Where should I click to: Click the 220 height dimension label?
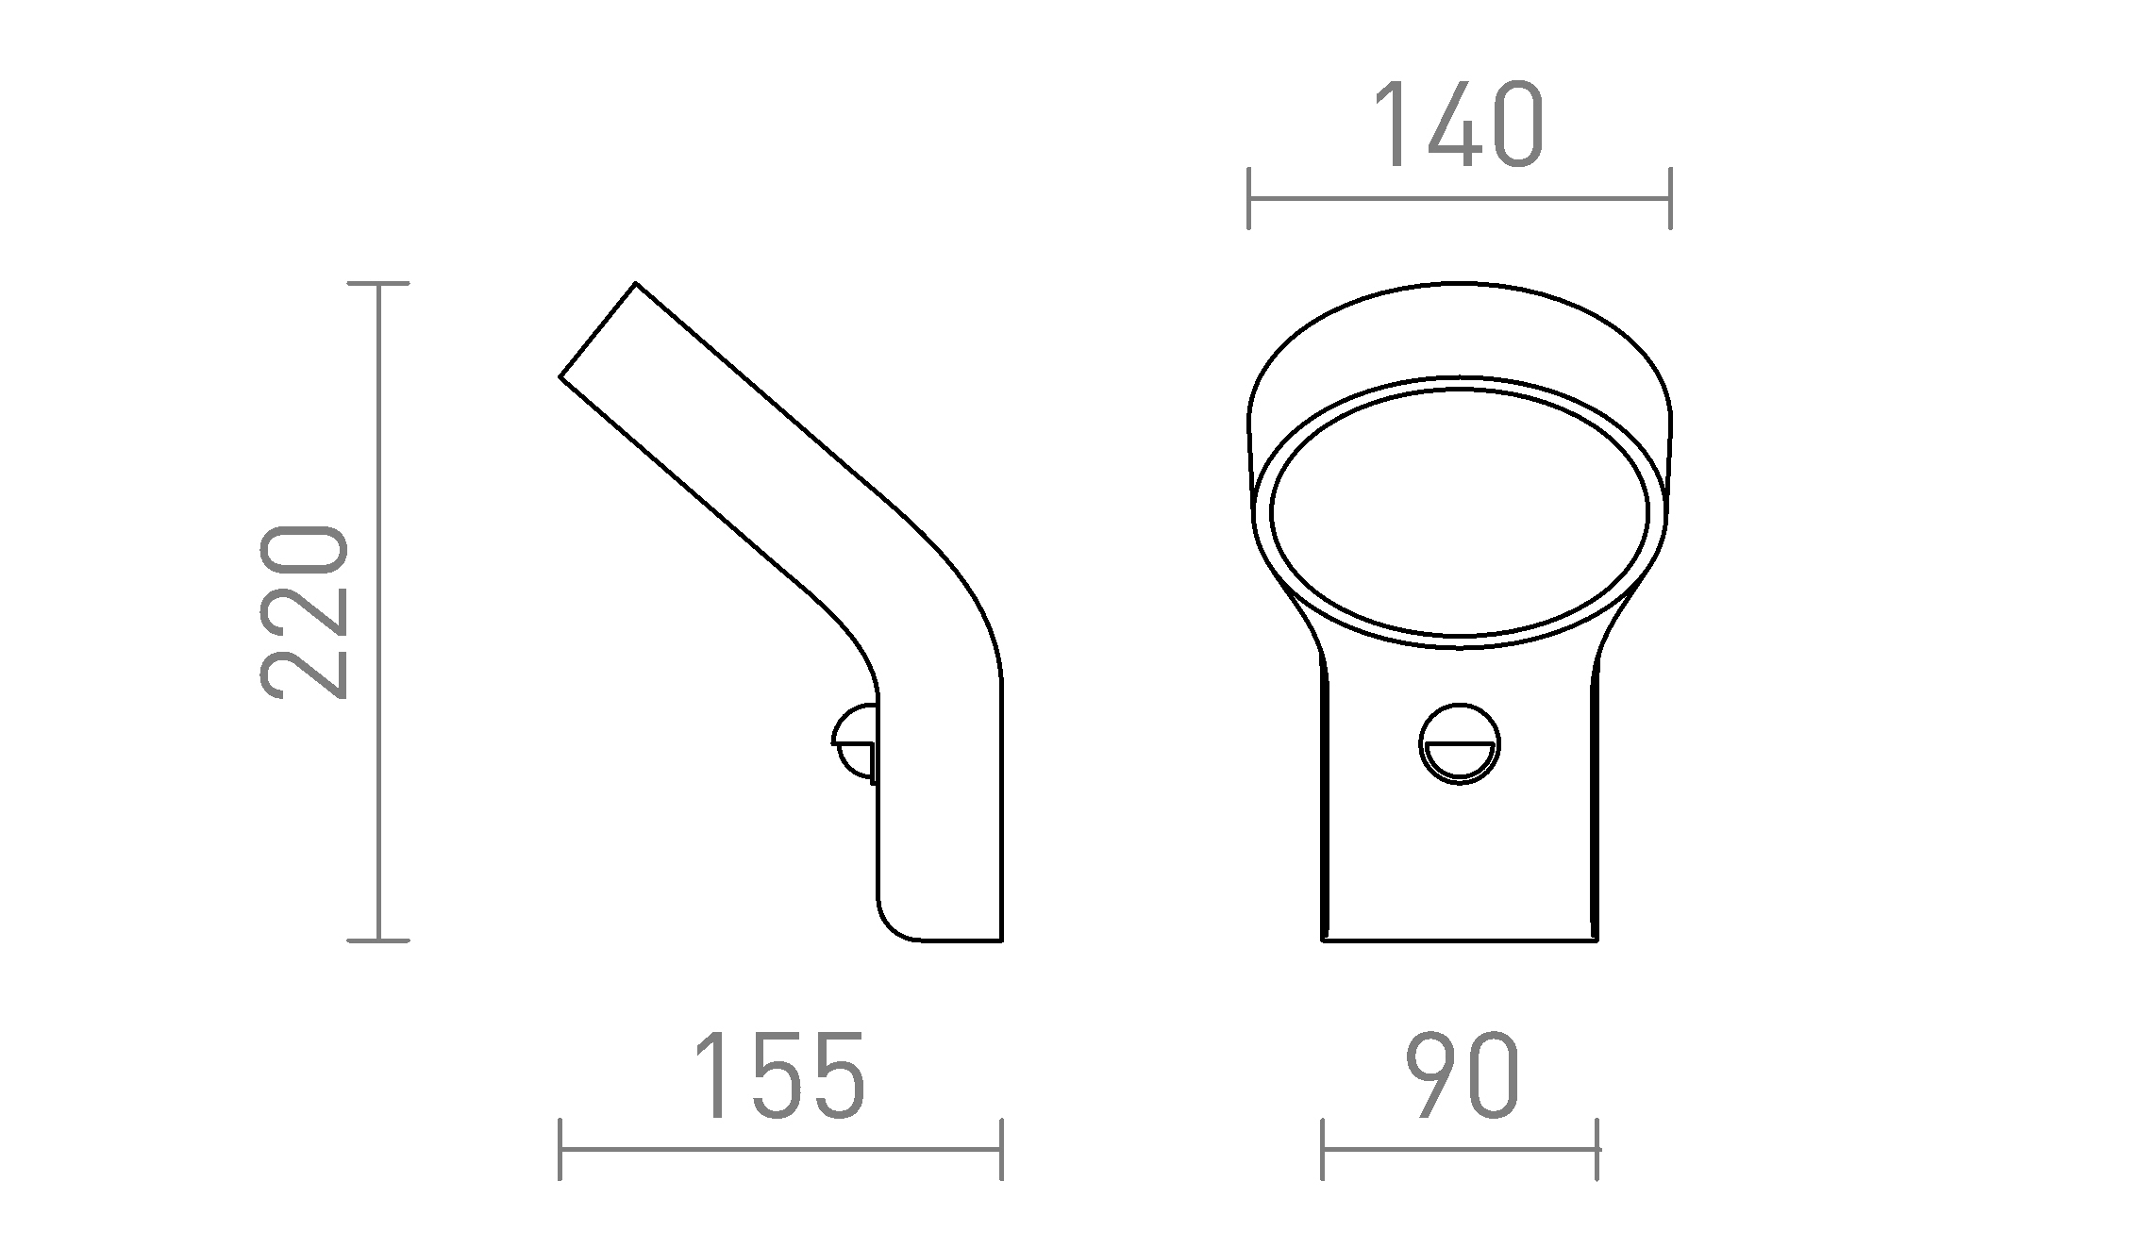click(x=303, y=612)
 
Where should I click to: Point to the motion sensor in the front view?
click(x=1460, y=743)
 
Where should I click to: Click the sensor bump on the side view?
click(x=855, y=742)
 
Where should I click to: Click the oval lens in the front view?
click(x=1460, y=511)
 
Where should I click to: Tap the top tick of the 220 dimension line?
click(x=378, y=283)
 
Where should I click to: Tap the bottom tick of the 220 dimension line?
click(x=378, y=940)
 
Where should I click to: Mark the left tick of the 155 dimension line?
click(x=560, y=1149)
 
